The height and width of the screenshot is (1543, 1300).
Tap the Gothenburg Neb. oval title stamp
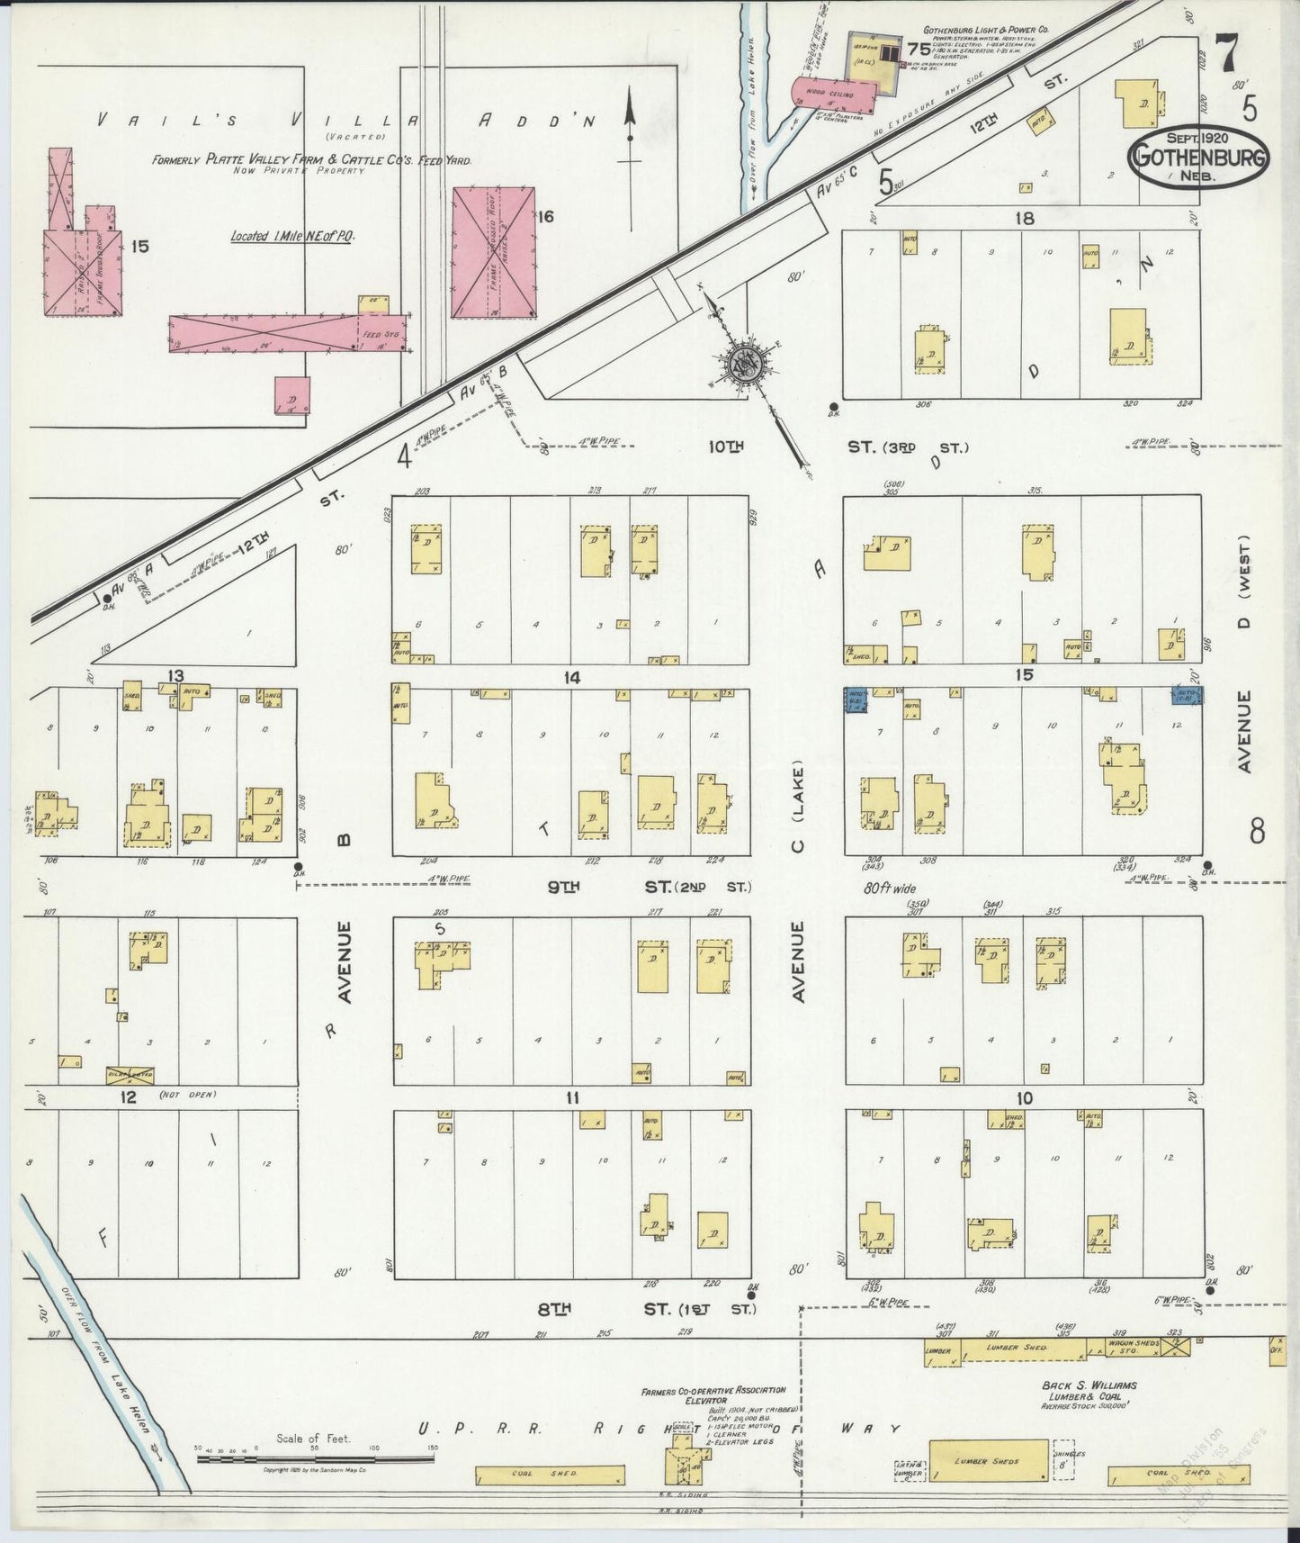1200,158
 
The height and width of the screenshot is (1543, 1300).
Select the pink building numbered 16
493,252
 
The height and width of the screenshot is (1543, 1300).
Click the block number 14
570,677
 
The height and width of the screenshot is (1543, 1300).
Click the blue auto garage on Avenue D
1187,695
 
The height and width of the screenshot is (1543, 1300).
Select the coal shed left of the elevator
550,1475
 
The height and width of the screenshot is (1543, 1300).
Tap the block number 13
175,676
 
